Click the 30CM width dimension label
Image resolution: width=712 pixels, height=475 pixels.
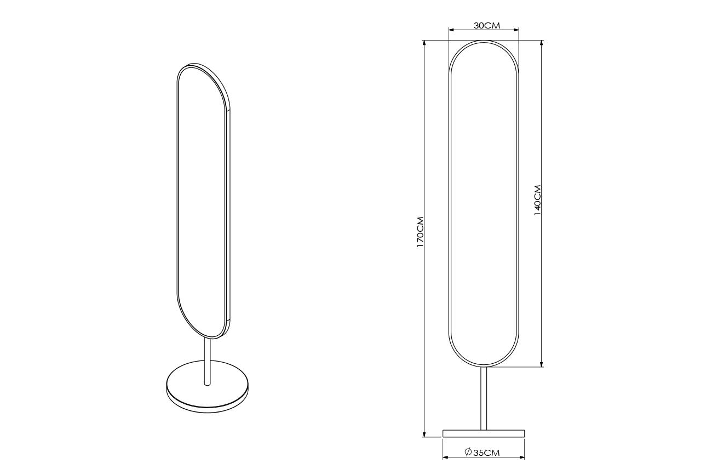[x=487, y=26]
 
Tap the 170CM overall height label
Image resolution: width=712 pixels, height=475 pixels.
[x=420, y=232]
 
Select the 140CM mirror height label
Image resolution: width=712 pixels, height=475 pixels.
[x=537, y=201]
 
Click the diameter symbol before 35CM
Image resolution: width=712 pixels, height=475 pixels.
[x=468, y=453]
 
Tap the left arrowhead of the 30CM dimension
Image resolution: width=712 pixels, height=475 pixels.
[x=452, y=30]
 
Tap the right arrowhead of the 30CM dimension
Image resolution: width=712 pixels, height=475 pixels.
[x=515, y=30]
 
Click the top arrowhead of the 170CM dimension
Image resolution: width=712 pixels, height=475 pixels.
[x=424, y=44]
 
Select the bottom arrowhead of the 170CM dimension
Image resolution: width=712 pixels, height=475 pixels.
[x=424, y=433]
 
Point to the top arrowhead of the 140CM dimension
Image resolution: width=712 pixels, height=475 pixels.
[x=541, y=44]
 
